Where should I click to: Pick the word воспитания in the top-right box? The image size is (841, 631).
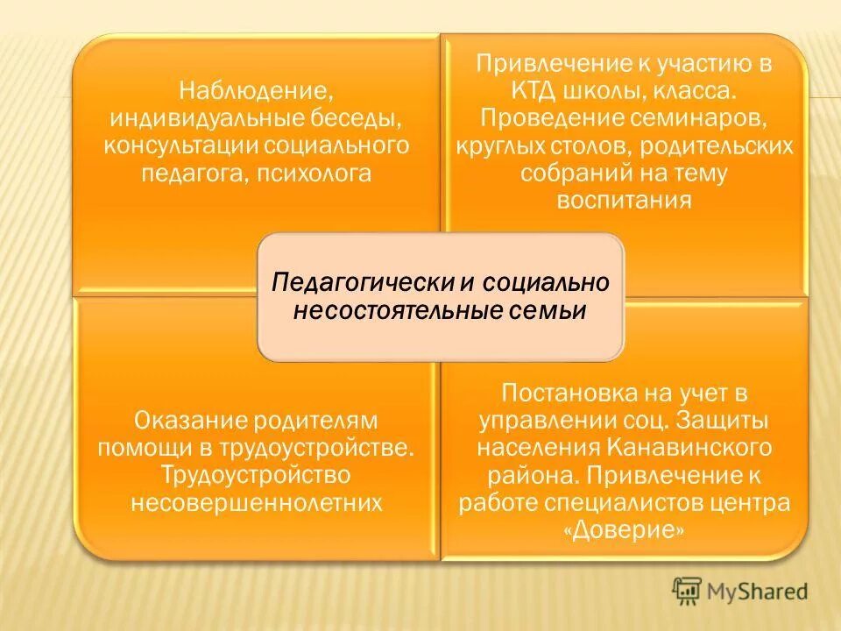(x=624, y=201)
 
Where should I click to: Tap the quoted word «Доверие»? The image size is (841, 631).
(x=624, y=531)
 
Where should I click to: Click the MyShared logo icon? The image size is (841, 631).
(x=688, y=592)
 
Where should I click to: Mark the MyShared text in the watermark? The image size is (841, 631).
(x=759, y=592)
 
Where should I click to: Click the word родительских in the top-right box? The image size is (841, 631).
(x=737, y=145)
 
